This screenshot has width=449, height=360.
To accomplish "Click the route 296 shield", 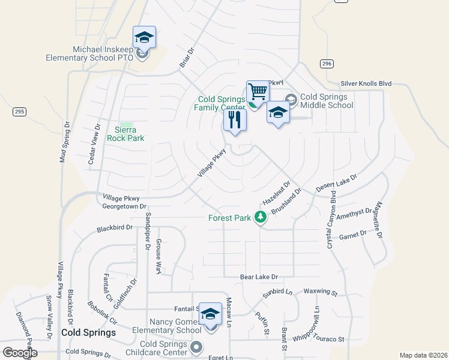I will tap(327, 64).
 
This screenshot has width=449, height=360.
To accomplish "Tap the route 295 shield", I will tap(20, 112).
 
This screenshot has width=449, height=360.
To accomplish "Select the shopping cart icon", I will tap(258, 92).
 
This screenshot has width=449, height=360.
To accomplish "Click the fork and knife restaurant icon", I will tap(235, 119).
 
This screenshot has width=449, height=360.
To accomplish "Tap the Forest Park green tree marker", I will tap(261, 217).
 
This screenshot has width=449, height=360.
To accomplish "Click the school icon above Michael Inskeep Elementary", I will tap(144, 38).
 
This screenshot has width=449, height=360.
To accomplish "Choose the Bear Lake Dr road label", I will tap(259, 277).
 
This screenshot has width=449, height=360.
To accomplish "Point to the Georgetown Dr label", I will tap(124, 206).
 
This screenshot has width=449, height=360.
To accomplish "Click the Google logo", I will tap(20, 352).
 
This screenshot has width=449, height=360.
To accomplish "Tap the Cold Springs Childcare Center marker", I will tap(196, 347).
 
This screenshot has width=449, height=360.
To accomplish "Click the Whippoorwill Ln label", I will tap(317, 324).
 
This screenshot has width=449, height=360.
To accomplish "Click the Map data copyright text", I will tap(423, 355).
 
